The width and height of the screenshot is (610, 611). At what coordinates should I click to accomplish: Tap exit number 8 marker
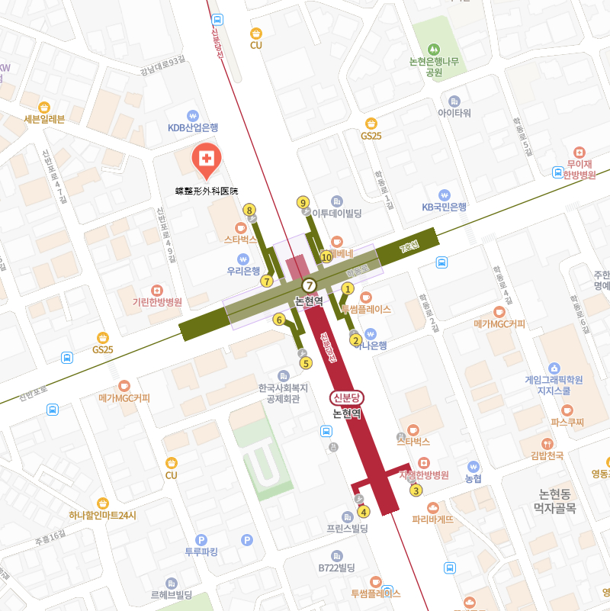[x=249, y=210]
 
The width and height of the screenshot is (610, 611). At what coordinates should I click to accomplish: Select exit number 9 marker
[x=303, y=202]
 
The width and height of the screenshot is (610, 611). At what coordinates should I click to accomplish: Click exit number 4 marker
[x=363, y=511]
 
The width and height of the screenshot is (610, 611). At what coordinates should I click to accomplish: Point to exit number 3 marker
[x=416, y=490]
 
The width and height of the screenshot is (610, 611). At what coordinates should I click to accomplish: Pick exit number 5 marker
[x=307, y=363]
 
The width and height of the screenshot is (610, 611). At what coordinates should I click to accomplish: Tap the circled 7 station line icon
[x=309, y=285]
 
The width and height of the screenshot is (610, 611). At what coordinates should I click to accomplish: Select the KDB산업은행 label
[x=193, y=127]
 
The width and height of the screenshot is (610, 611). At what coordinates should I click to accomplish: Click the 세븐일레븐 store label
[x=44, y=118]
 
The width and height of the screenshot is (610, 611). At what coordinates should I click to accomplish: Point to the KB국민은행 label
[x=444, y=206]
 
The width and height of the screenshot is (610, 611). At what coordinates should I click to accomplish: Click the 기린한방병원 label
[x=158, y=302]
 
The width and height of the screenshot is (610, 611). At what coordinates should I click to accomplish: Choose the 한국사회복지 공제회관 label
[x=284, y=392]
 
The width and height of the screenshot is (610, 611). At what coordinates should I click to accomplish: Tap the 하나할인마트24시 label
[x=102, y=515]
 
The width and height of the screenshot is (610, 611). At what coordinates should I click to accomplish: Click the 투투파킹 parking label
[x=201, y=552]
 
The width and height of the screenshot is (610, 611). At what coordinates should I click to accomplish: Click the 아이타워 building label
[x=454, y=113]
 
